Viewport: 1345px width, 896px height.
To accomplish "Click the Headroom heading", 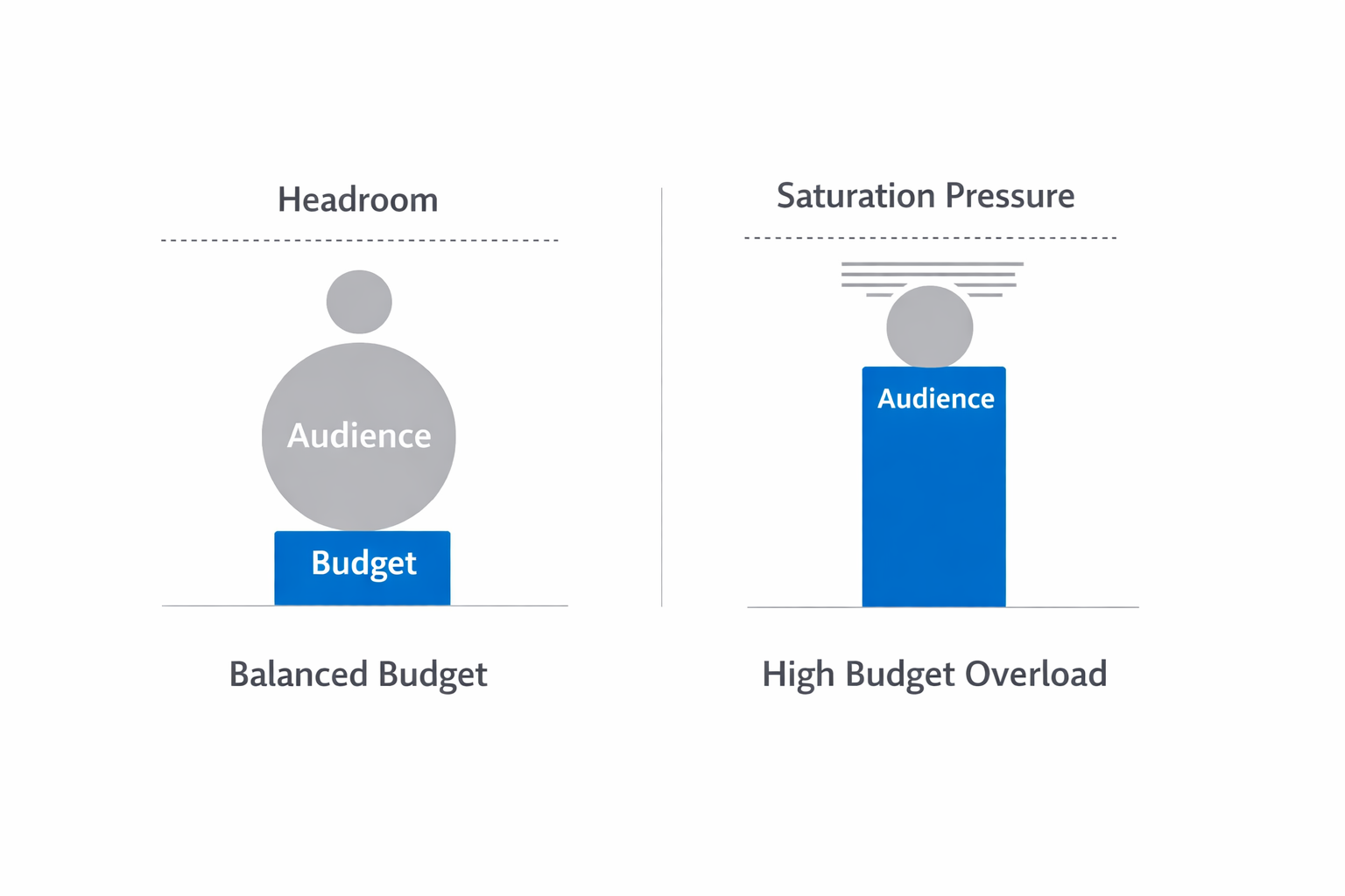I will [357, 199].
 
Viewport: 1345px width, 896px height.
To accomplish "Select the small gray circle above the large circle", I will [359, 302].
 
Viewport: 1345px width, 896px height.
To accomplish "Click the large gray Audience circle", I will [359, 481].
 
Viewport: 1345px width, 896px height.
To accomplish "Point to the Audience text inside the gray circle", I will [359, 436].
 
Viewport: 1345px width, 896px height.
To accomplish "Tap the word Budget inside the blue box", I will [363, 563].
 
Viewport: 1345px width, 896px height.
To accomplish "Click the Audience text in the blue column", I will [935, 399].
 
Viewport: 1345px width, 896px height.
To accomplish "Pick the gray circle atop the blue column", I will [929, 327].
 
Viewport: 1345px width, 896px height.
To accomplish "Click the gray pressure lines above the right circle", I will [932, 273].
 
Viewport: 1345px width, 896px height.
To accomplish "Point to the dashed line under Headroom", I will [359, 240].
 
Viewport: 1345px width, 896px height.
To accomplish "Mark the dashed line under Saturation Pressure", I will [930, 237].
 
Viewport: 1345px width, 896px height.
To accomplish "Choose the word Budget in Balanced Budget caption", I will [433, 675].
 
